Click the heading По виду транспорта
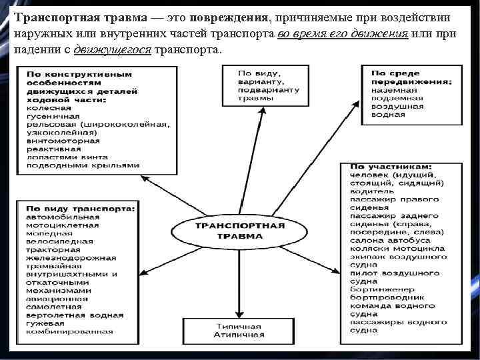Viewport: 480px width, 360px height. (x=79, y=208)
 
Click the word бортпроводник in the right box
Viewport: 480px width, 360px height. (x=386, y=298)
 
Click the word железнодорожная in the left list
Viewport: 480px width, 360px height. (x=65, y=257)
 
